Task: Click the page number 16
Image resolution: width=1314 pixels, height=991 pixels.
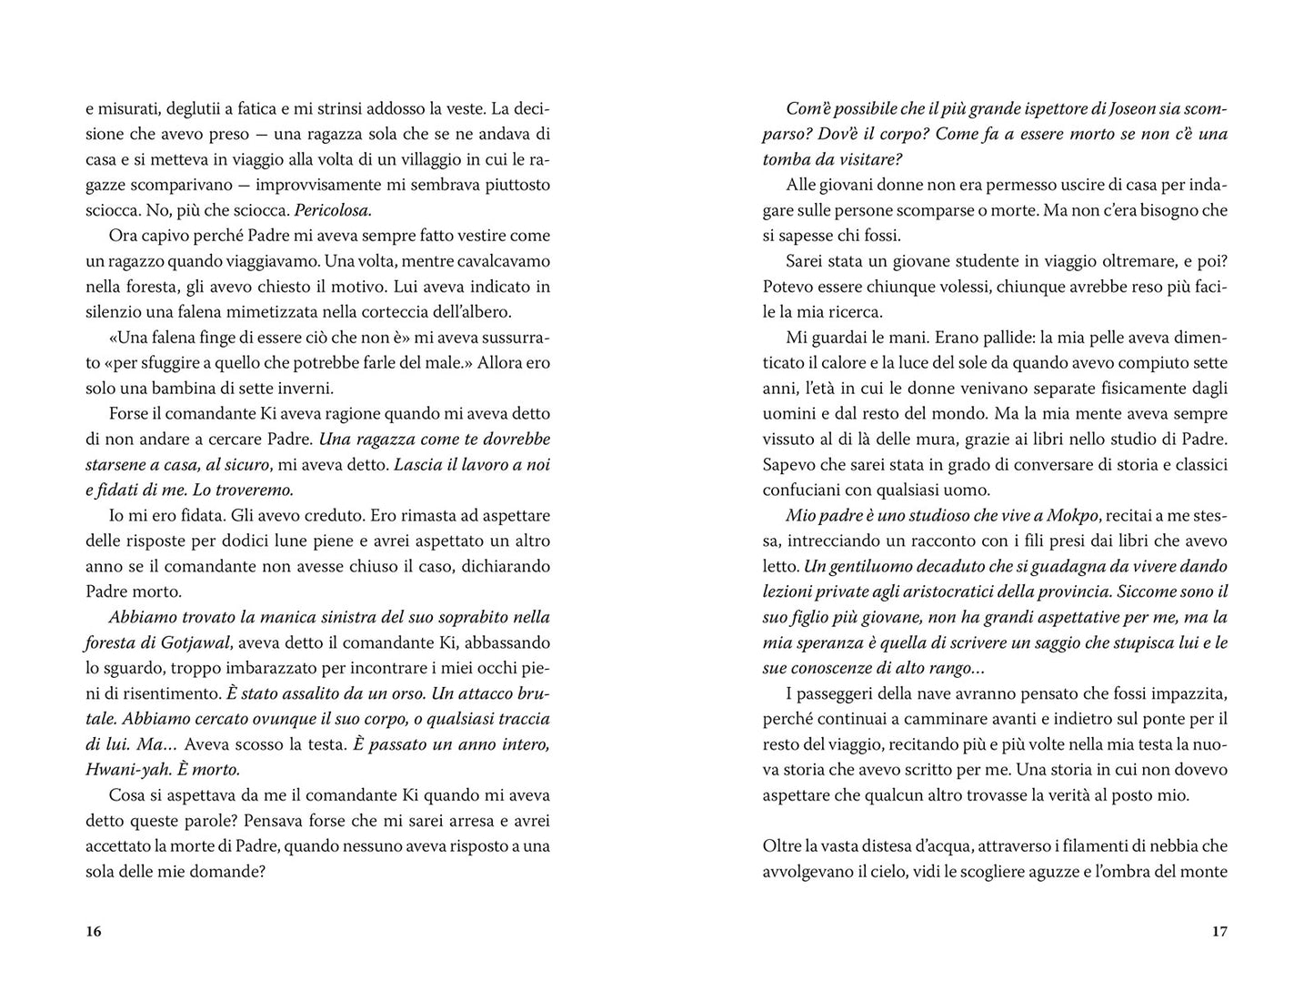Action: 93,931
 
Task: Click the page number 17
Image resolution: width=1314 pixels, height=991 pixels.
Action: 1219,931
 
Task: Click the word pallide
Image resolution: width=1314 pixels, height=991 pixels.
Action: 968,338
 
